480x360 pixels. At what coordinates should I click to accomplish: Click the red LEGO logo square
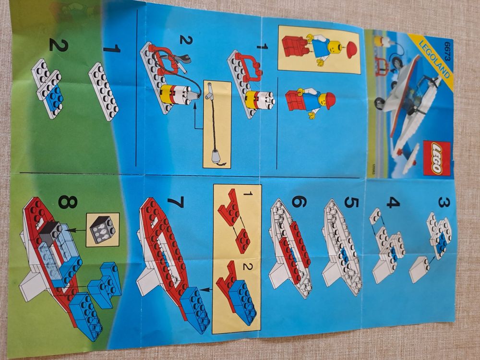pos(436,158)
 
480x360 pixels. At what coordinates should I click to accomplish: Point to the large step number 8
pos(68,202)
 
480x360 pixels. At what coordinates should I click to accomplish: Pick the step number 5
pos(351,202)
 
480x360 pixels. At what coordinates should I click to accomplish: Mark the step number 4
pos(393,203)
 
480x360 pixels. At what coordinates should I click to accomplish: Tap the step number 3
pos(444,202)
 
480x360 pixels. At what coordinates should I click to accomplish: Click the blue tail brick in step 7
pos(195,310)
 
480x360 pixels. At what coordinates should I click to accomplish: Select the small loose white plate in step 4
pos(376,216)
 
